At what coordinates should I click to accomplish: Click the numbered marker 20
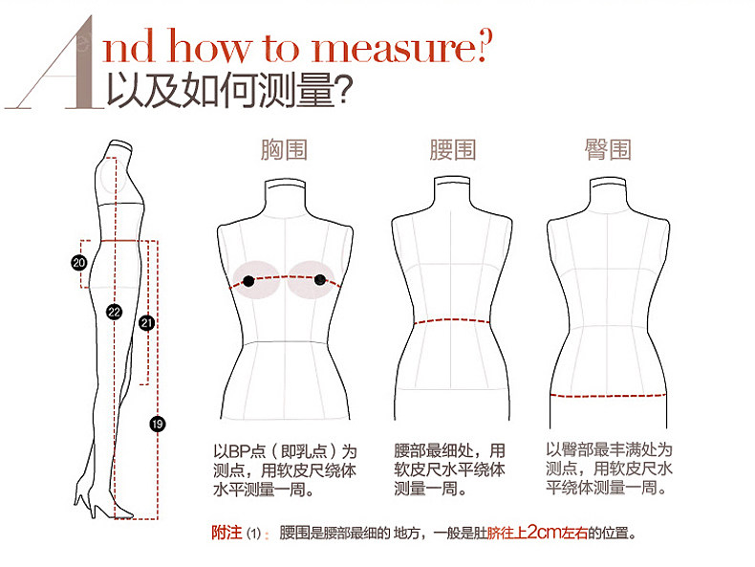[79, 261]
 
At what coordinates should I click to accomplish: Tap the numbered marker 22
[114, 312]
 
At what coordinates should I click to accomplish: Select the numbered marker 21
[146, 322]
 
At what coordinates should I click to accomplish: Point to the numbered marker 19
[158, 423]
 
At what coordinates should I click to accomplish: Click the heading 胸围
[284, 150]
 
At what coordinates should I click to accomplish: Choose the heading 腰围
[452, 150]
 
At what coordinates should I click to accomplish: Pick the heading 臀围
[608, 150]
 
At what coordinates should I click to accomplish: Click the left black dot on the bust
[248, 280]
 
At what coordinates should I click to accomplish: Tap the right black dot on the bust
[320, 280]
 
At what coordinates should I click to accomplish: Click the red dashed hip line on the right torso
[608, 394]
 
